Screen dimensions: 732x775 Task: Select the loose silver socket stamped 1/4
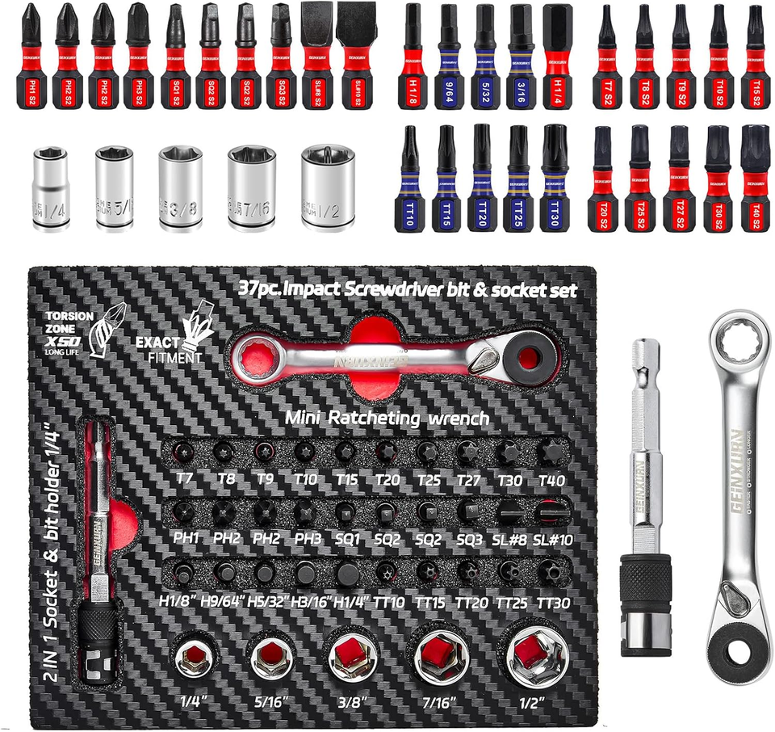pyautogui.click(x=50, y=188)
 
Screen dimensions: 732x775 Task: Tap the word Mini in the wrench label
pyautogui.click(x=304, y=419)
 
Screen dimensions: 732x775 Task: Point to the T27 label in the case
pyautogui.click(x=469, y=479)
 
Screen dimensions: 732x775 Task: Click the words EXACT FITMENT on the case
pyautogui.click(x=169, y=348)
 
